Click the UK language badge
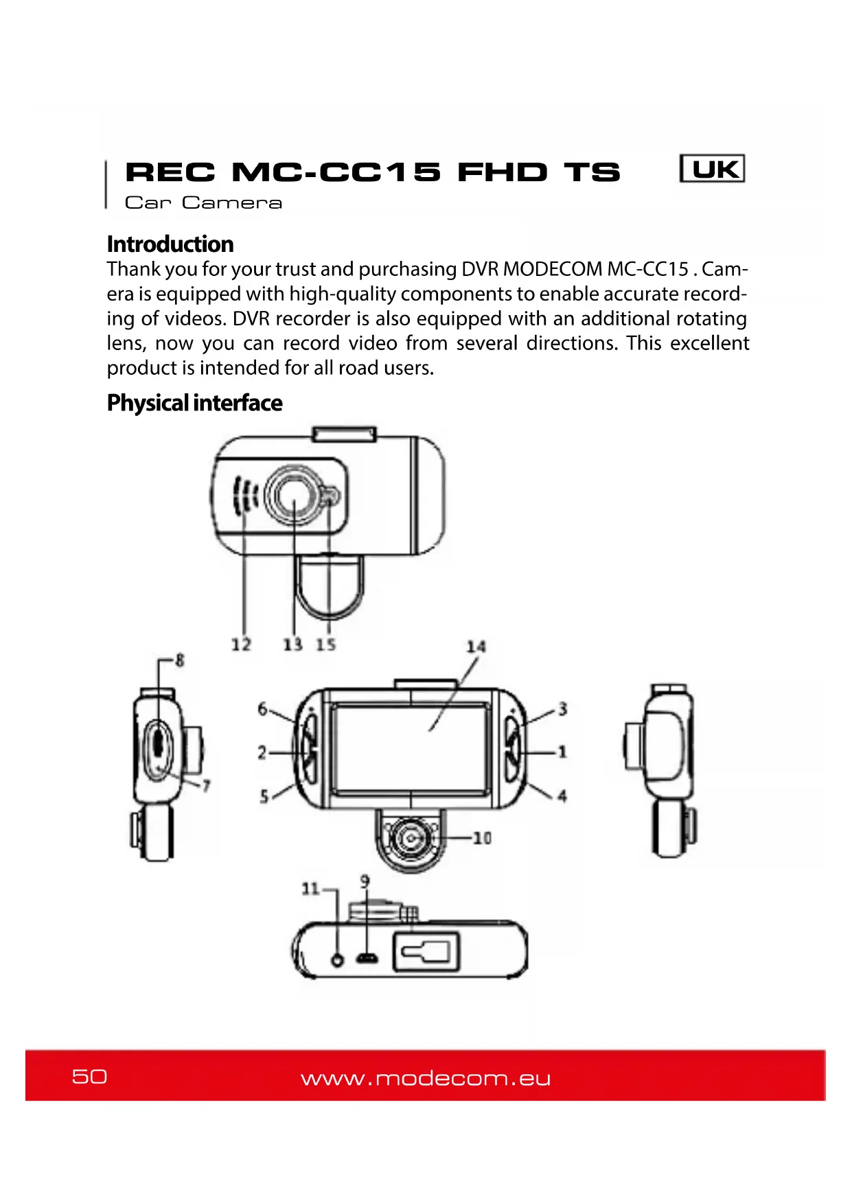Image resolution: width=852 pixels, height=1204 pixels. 712,169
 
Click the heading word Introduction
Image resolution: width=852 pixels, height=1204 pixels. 170,244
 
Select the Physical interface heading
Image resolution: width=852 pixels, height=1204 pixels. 194,403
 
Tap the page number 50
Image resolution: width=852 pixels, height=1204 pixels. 89,1076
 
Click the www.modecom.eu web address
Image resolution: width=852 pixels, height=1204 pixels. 426,1078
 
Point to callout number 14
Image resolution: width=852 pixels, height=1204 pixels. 476,647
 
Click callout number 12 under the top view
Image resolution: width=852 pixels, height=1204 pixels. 241,645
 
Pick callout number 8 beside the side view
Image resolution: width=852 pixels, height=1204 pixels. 180,660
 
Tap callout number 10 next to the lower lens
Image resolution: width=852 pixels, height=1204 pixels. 482,838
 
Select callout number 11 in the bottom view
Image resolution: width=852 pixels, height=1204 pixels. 310,889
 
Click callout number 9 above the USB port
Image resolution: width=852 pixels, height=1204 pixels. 365,881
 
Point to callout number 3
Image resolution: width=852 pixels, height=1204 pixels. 562,708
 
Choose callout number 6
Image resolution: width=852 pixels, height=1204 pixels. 262,708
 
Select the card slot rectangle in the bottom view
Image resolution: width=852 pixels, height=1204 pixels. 426,952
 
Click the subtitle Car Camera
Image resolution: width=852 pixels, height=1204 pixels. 203,203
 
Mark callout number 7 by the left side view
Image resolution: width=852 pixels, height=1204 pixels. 205,786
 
